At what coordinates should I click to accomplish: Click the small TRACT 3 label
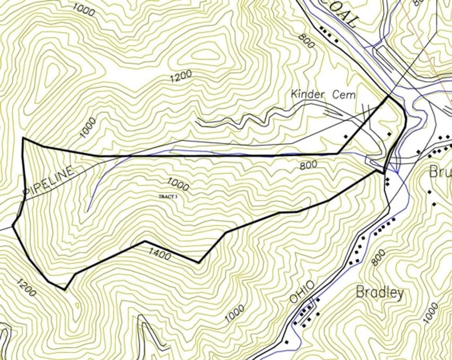pyautogui.click(x=168, y=197)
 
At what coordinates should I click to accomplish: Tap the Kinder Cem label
pyautogui.click(x=323, y=95)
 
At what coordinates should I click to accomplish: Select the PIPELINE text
pyautogui.click(x=49, y=180)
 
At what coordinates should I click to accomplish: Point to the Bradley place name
pyautogui.click(x=379, y=292)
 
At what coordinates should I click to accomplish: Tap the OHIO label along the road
pyautogui.click(x=302, y=292)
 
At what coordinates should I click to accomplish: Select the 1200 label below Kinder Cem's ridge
pyautogui.click(x=181, y=76)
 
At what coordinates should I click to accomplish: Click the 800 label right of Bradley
pyautogui.click(x=378, y=258)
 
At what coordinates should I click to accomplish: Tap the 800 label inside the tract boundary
pyautogui.click(x=308, y=165)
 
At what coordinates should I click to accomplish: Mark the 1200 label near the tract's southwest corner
pyautogui.click(x=26, y=288)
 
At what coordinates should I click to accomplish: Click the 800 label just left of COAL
pyautogui.click(x=307, y=41)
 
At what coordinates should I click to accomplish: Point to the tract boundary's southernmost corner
pyautogui.click(x=65, y=289)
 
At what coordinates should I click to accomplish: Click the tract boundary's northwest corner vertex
pyautogui.click(x=23, y=138)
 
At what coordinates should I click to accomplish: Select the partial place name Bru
pyautogui.click(x=441, y=172)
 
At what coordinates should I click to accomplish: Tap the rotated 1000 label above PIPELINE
pyautogui.click(x=88, y=128)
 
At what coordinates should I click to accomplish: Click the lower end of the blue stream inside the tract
pyautogui.click(x=87, y=211)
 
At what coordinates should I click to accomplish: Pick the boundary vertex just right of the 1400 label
pyautogui.click(x=199, y=262)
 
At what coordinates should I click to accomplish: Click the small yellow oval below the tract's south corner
pyautogui.click(x=77, y=305)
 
